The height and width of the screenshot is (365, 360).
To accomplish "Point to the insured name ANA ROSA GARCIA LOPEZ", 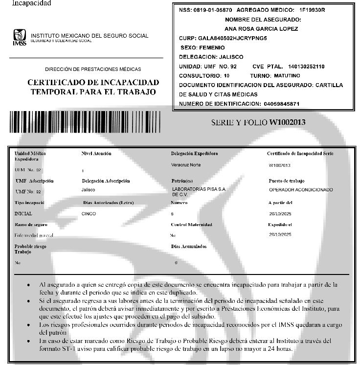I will pyautogui.click(x=263, y=29).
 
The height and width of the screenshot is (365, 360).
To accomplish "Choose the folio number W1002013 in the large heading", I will pyautogui.click(x=287, y=122).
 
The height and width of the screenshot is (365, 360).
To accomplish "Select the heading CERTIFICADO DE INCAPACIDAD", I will pyautogui.click(x=93, y=82).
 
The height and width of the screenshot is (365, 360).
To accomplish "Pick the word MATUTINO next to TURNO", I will pyautogui.click(x=286, y=76).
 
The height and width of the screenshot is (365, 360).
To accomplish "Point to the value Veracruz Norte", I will pyautogui.click(x=186, y=165).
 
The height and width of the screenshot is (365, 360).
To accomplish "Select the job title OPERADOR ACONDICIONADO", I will pyautogui.click(x=301, y=189).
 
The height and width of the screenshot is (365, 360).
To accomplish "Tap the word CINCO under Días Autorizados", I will pyautogui.click(x=89, y=214).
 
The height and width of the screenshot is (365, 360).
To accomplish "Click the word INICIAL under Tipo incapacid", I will pyautogui.click(x=24, y=214).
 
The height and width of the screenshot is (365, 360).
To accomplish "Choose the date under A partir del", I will pyautogui.click(x=280, y=214).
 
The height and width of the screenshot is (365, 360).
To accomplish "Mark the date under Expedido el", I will pyautogui.click(x=280, y=235).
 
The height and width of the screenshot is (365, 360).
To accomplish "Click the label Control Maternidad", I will pyautogui.click(x=192, y=225).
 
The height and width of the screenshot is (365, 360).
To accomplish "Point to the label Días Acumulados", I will pyautogui.click(x=189, y=247).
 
